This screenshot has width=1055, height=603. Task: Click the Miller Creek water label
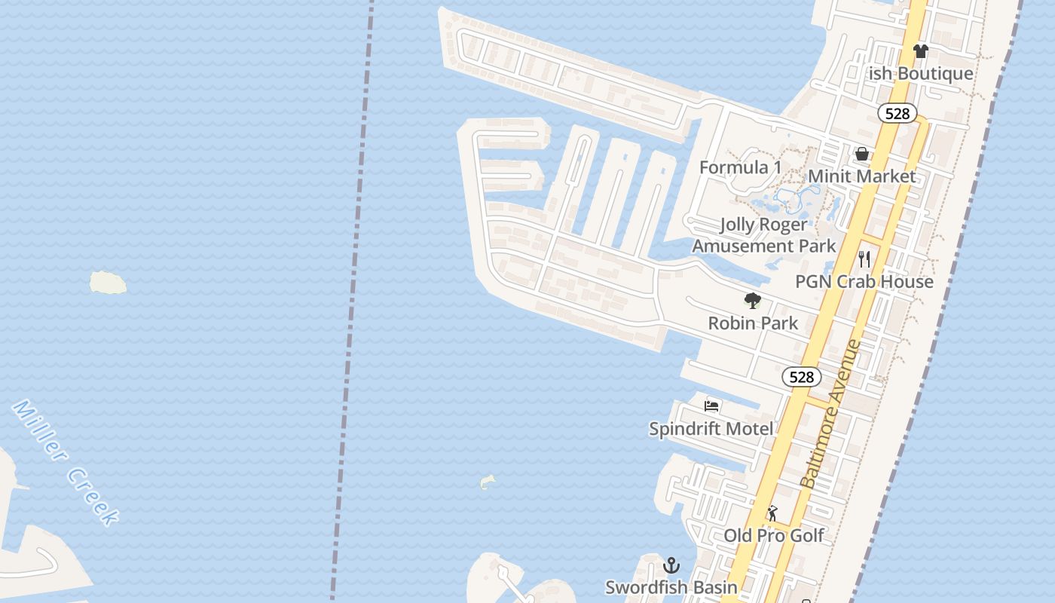66,463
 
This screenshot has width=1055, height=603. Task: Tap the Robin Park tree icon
752,301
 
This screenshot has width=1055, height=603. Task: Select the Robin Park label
753,323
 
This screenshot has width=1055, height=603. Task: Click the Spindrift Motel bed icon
711,407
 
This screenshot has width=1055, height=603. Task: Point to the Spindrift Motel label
711,429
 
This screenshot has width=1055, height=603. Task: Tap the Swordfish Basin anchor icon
671,565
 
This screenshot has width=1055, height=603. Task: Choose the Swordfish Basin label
671,587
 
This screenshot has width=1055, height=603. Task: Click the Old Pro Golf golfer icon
772,514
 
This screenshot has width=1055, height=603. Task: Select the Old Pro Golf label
774,536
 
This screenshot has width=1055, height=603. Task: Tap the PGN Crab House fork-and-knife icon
864,259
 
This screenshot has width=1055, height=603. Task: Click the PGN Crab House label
864,282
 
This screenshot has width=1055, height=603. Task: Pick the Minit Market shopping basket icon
862,155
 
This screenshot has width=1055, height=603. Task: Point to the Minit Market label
862,176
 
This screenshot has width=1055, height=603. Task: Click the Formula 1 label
740,167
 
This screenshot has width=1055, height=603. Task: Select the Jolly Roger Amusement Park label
764,235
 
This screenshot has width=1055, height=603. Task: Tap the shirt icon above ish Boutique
921,51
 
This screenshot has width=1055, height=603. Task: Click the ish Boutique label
921,74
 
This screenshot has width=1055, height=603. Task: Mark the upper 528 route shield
898,114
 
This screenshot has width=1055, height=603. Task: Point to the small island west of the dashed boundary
109,283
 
